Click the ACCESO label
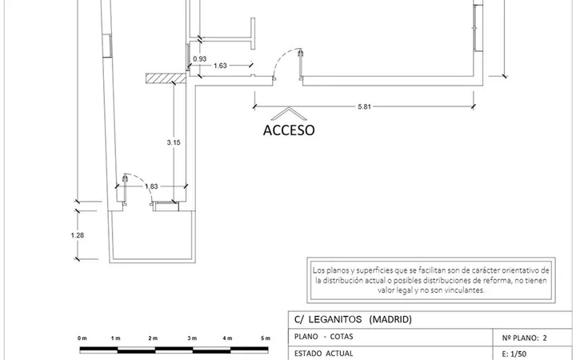[289, 130]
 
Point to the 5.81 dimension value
[365, 107]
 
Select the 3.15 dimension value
[174, 142]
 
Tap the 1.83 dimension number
[151, 186]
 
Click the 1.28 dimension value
[78, 235]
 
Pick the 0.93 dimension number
[200, 58]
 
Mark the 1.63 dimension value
[221, 66]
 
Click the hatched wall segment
[166, 78]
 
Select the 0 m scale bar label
[82, 338]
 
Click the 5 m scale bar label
[266, 338]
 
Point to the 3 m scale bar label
[192, 338]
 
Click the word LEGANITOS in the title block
[335, 319]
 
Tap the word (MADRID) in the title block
[390, 319]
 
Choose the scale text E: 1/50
[514, 354]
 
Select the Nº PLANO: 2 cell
[524, 338]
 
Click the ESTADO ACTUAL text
[324, 354]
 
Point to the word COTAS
[342, 337]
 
